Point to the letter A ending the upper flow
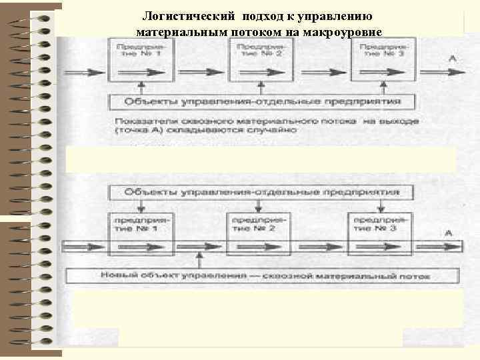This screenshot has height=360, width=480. pos(453,59)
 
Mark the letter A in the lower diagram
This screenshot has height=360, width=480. pos(449,232)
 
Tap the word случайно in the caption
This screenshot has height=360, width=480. pos(273,131)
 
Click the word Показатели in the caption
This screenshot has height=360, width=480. pos(136,121)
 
